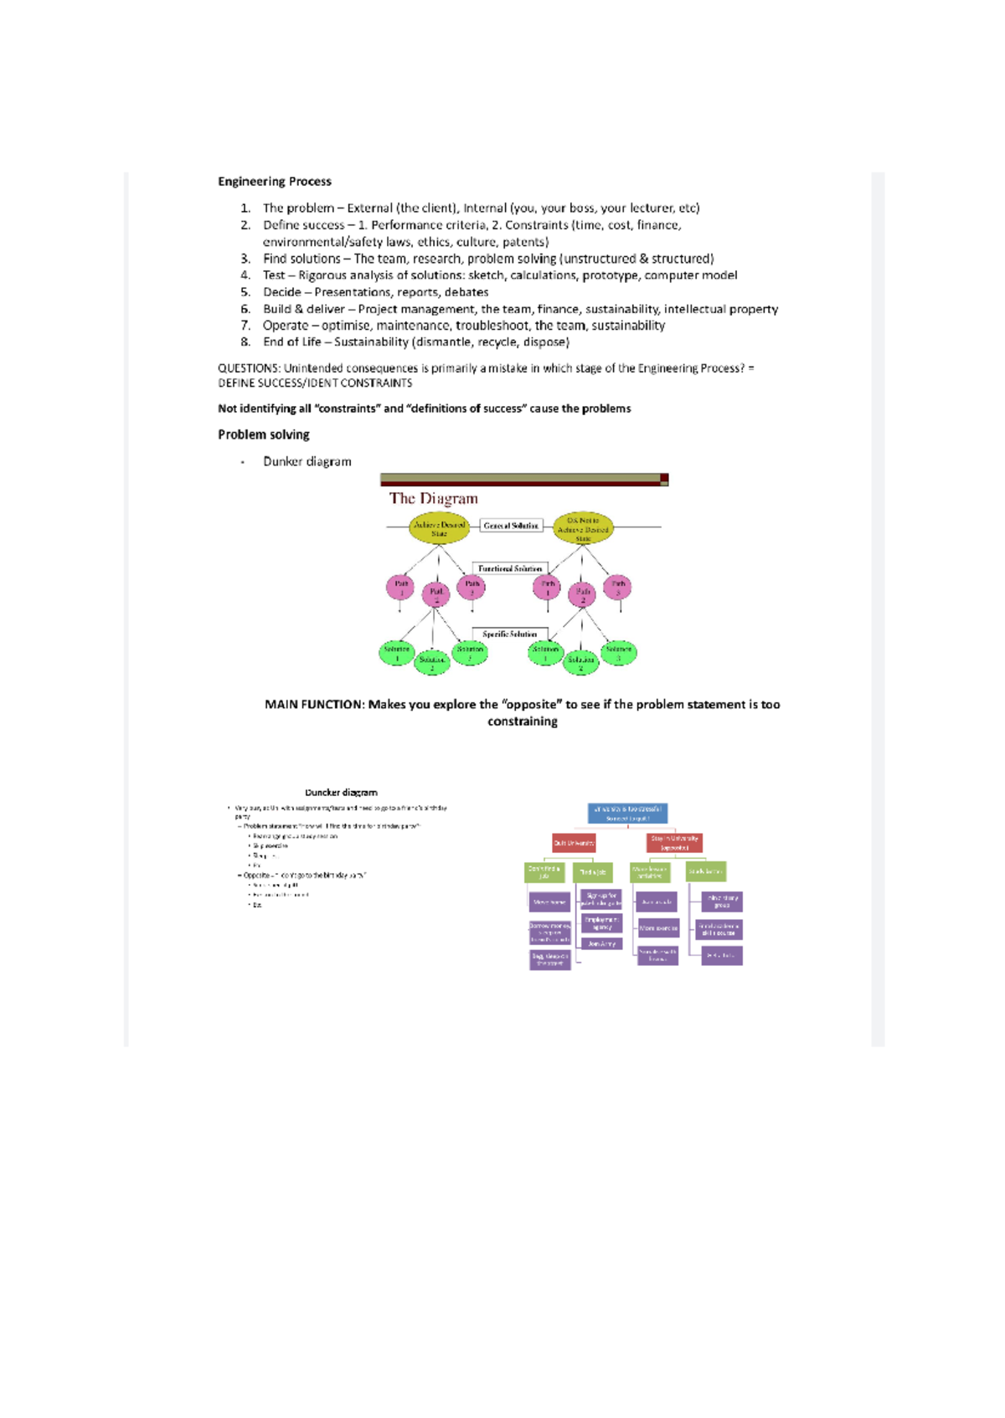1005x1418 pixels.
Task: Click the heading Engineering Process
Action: click(x=274, y=182)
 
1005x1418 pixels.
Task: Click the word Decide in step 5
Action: click(x=281, y=292)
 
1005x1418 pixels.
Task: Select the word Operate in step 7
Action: click(x=285, y=326)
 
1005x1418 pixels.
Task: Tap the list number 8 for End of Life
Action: click(x=245, y=342)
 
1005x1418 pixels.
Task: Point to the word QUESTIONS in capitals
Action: click(x=248, y=368)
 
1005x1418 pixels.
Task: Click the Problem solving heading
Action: click(x=263, y=434)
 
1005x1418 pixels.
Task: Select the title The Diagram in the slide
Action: click(x=433, y=499)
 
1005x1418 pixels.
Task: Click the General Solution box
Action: click(x=511, y=526)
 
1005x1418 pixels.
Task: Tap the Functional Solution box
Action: click(x=509, y=568)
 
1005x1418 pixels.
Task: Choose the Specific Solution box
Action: click(x=509, y=634)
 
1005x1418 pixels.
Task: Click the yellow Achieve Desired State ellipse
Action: click(x=439, y=529)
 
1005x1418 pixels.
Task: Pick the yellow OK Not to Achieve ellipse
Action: click(x=583, y=529)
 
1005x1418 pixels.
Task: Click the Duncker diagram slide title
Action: click(x=341, y=792)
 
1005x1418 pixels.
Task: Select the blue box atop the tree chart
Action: click(x=627, y=813)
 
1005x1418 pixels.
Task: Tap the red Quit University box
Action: click(x=574, y=843)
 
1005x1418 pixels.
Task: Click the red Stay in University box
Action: click(x=674, y=843)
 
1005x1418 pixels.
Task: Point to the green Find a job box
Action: click(x=592, y=872)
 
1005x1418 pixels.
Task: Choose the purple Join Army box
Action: click(x=601, y=943)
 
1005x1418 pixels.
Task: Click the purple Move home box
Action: click(x=549, y=902)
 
